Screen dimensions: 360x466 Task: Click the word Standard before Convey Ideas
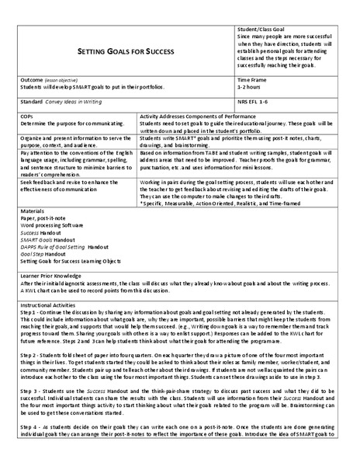[x=35, y=102]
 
